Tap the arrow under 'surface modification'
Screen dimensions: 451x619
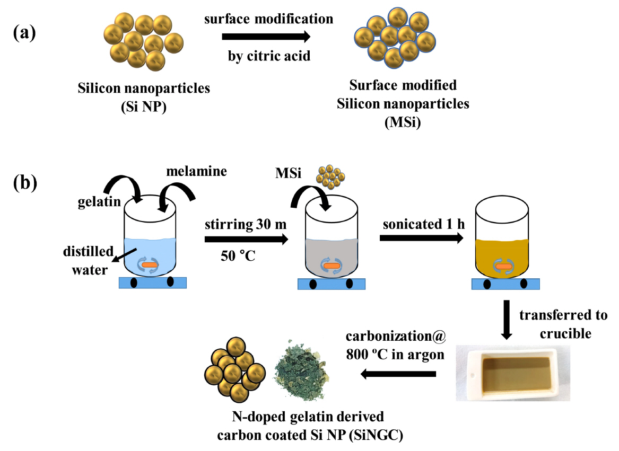click(x=266, y=37)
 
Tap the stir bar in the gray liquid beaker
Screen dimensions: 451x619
click(x=332, y=266)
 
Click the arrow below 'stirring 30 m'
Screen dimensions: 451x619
click(x=246, y=240)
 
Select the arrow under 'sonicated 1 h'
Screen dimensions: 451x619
click(x=421, y=240)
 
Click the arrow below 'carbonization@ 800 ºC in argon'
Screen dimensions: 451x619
click(x=398, y=375)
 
